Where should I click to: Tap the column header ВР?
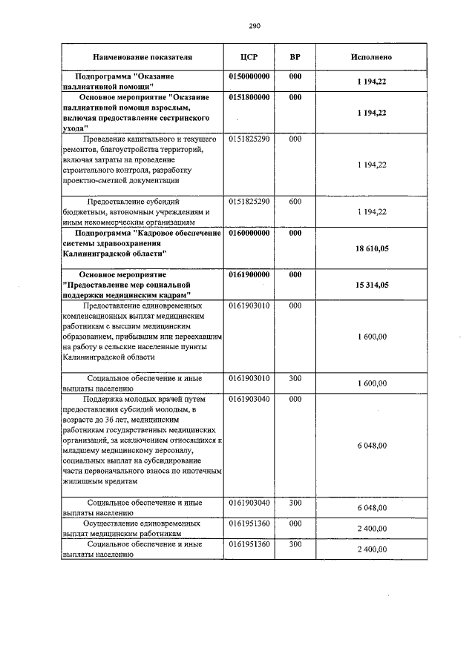click(295, 57)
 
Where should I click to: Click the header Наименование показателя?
click(142, 57)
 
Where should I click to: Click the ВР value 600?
click(295, 201)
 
